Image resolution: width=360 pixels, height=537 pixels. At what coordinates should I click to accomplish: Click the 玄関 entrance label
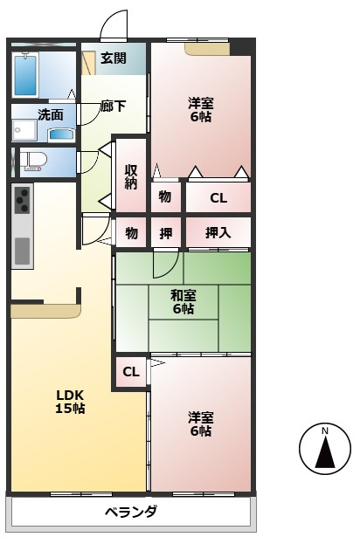click(114, 59)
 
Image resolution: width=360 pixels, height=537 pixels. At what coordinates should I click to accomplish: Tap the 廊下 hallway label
click(113, 106)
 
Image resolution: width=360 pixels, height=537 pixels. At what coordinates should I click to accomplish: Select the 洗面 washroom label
click(51, 114)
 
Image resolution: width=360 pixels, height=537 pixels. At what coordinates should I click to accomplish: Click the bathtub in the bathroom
click(25, 75)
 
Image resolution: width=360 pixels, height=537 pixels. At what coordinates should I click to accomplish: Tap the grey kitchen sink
click(23, 251)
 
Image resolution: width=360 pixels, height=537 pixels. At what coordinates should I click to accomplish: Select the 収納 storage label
click(131, 176)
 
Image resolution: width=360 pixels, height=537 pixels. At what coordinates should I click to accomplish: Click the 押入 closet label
click(218, 233)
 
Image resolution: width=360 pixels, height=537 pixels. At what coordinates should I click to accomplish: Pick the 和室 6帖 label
click(183, 302)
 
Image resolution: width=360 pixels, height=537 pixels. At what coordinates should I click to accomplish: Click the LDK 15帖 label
click(70, 402)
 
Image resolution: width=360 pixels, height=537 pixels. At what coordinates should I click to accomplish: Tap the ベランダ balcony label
click(131, 512)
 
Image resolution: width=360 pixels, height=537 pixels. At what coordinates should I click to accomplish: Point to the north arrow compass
click(325, 448)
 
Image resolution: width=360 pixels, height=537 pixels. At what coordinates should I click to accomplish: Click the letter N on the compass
click(325, 430)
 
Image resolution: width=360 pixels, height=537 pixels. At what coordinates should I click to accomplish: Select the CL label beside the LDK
click(131, 372)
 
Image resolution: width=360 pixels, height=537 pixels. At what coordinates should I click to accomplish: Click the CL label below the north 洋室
click(218, 198)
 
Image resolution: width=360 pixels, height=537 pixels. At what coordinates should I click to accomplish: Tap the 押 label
click(166, 233)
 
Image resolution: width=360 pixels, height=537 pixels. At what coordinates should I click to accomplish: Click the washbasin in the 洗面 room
click(61, 134)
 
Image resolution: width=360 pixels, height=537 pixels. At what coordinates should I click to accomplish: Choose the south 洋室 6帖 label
click(201, 424)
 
